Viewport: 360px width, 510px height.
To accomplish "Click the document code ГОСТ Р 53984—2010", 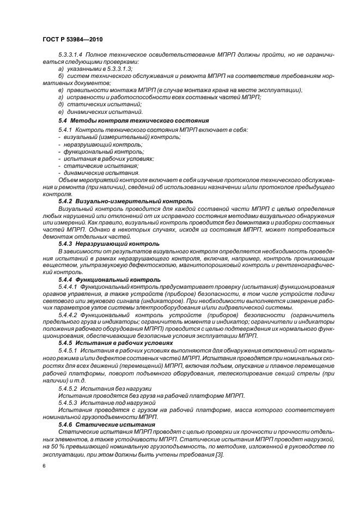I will (x=72, y=40).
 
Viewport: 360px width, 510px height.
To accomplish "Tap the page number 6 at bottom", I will (x=44, y=466).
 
